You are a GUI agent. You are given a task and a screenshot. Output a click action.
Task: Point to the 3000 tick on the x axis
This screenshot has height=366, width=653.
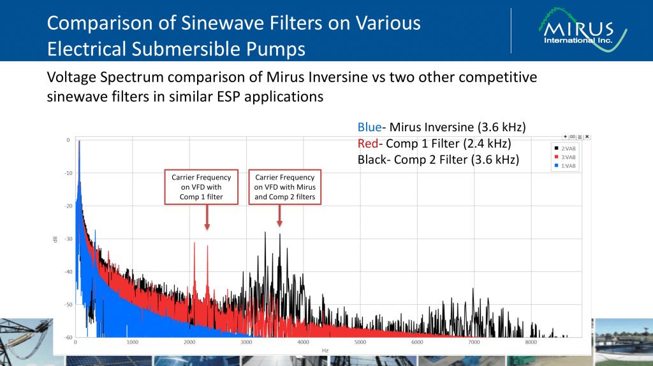246,342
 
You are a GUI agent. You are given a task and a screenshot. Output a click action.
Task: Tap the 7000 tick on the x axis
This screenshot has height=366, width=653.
474,342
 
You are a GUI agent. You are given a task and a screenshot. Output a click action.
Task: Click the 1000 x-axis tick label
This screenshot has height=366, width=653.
133,342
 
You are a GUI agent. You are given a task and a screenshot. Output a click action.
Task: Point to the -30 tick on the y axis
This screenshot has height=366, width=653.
68,239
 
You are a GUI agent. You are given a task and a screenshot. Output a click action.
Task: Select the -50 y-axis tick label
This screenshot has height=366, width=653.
68,304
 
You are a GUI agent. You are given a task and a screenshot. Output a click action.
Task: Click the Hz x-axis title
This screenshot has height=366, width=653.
325,351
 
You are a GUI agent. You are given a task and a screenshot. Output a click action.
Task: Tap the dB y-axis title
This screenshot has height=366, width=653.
56,239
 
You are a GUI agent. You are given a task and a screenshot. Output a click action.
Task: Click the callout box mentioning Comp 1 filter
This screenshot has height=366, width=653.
202,187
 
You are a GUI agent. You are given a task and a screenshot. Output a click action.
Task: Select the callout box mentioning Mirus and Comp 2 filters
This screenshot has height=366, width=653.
285,187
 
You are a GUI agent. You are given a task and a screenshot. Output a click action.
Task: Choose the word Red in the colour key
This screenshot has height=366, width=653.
367,143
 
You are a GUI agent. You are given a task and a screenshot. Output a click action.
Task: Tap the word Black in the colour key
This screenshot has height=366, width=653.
372,159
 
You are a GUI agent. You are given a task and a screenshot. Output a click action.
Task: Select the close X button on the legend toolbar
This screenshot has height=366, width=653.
587,136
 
